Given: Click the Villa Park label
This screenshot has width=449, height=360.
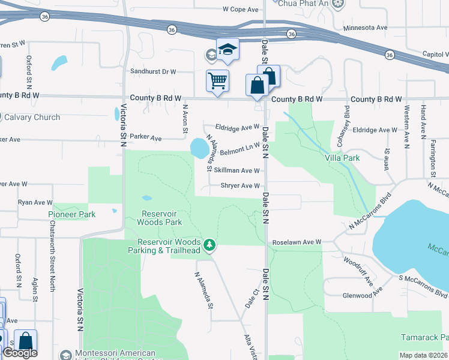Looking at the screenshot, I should (342, 158).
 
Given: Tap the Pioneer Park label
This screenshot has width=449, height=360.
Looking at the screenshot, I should (72, 214).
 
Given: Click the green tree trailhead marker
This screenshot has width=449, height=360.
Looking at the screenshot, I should (209, 245).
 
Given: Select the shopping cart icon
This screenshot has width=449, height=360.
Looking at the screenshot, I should (217, 80).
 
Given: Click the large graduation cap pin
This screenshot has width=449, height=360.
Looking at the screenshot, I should (228, 49).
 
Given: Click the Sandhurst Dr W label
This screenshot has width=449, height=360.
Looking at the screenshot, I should (153, 71).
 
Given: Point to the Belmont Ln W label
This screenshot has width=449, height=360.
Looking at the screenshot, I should (241, 148).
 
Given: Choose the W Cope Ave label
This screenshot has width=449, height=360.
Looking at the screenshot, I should (240, 10).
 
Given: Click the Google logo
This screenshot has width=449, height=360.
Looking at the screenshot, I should (20, 353).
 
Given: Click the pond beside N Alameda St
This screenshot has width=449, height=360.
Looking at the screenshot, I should (198, 148).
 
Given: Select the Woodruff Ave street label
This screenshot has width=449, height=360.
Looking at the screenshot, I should (358, 272).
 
